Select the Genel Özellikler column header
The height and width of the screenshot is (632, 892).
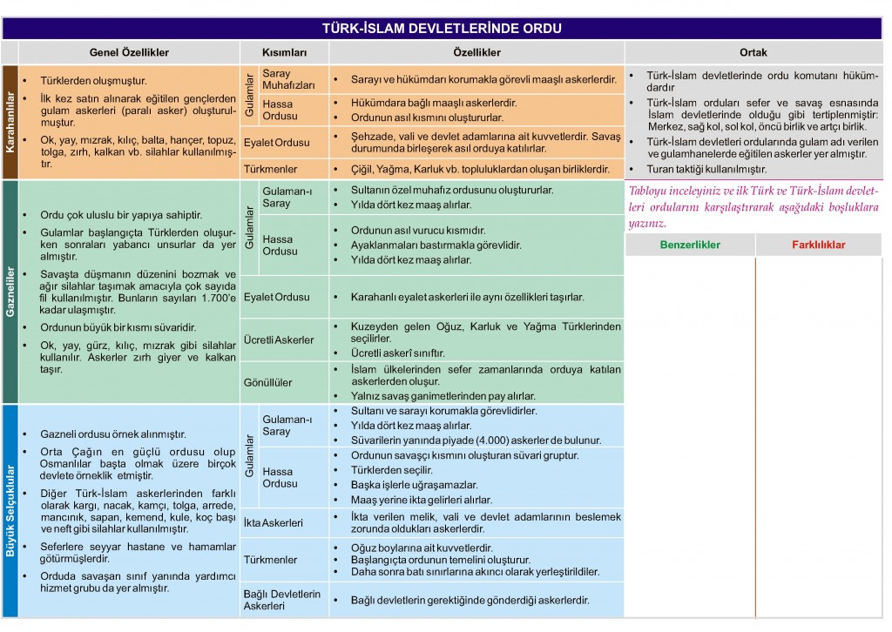coord(129,52)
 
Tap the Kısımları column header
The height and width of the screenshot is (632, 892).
coord(285,52)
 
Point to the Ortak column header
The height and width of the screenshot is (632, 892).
coord(753,52)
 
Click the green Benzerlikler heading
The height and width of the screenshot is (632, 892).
coord(690,245)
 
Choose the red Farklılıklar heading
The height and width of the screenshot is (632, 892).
coord(818,245)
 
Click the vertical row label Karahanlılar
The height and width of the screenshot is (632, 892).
coord(10,123)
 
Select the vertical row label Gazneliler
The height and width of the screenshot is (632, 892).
coord(10,293)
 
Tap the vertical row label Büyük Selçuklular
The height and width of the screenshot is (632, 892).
coord(10,511)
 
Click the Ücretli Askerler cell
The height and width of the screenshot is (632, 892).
coord(279,340)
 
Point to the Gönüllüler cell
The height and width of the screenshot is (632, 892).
coord(268,382)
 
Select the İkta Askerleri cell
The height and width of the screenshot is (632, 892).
coord(274,523)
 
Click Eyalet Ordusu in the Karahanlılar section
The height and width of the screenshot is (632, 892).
coord(277,142)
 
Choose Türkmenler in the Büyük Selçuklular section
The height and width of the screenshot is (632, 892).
coord(271,558)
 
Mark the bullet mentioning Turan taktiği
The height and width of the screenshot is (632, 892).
coord(706,169)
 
